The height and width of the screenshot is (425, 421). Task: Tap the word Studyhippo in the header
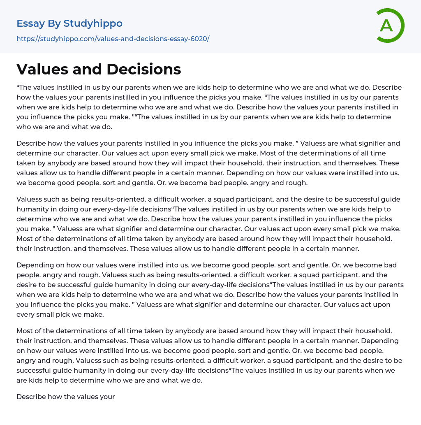point(93,23)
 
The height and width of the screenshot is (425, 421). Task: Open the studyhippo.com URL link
point(113,39)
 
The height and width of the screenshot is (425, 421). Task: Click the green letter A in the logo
point(386,26)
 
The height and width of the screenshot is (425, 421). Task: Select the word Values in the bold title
point(39,69)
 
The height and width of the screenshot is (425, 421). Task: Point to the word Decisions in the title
point(143,69)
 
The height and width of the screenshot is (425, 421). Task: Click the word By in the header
point(55,23)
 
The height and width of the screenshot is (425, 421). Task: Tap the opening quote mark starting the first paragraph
point(18,87)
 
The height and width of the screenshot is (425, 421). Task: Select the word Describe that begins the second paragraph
point(32,143)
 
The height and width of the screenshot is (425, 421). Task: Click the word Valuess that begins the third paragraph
point(30,199)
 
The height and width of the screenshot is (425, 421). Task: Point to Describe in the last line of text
point(32,397)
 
